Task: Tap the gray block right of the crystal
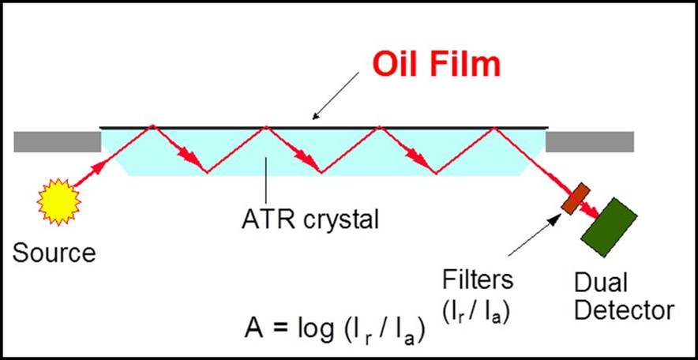[589, 141]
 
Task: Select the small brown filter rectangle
[574, 198]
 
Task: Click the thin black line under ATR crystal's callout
[268, 181]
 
